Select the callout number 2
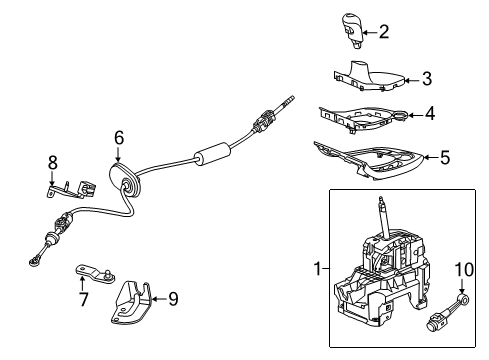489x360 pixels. tap(383, 32)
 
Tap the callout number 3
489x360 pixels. tap(427, 77)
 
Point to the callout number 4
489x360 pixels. tap(429, 114)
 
